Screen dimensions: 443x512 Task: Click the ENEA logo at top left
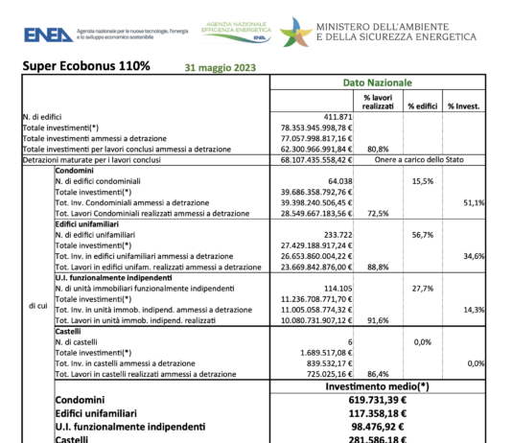tap(46, 35)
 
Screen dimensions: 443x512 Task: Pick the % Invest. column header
tap(464, 105)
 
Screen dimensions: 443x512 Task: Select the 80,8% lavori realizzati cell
tap(378, 149)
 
